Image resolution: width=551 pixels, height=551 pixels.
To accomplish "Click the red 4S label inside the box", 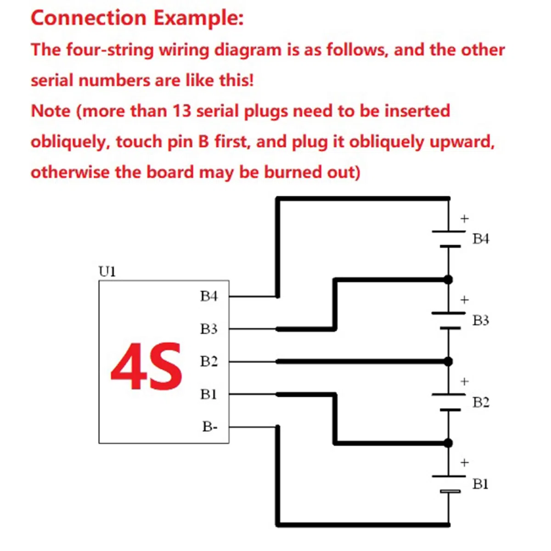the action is pyautogui.click(x=146, y=366).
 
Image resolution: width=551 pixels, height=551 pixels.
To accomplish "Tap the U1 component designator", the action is pyautogui.click(x=107, y=272).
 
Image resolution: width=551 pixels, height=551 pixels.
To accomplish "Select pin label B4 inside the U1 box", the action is pyautogui.click(x=209, y=296).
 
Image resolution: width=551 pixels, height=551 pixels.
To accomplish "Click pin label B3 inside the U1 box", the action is pyautogui.click(x=209, y=329).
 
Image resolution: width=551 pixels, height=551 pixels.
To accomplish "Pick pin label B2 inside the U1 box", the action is pyautogui.click(x=209, y=361).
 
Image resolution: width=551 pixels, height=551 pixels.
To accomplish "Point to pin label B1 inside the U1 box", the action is pyautogui.click(x=208, y=394).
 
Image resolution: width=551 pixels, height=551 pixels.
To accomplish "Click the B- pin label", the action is pyautogui.click(x=210, y=427).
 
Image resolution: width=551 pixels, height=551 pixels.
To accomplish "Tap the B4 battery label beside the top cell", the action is pyautogui.click(x=481, y=239).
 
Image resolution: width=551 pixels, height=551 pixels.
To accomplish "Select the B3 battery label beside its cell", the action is pyautogui.click(x=481, y=320).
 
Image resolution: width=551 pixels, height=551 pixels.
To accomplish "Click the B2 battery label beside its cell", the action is pyautogui.click(x=481, y=402).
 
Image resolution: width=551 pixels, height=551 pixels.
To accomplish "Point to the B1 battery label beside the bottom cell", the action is pyautogui.click(x=480, y=484).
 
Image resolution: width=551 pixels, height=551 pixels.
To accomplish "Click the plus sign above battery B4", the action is pyautogui.click(x=464, y=219).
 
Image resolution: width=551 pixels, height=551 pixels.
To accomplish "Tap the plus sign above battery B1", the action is pyautogui.click(x=464, y=462).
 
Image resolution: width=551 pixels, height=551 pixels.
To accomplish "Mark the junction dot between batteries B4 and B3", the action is pyautogui.click(x=448, y=279).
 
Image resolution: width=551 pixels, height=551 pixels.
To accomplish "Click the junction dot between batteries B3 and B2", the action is pyautogui.click(x=448, y=361).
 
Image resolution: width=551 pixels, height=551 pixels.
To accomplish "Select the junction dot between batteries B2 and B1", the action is pyautogui.click(x=448, y=443).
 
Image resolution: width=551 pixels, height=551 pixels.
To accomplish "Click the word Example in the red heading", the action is pyautogui.click(x=198, y=18).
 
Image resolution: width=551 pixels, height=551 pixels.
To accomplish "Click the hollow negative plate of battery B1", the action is pyautogui.click(x=450, y=491).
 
